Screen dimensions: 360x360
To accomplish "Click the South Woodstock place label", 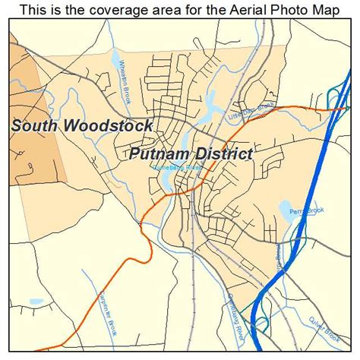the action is (x=82, y=125).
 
